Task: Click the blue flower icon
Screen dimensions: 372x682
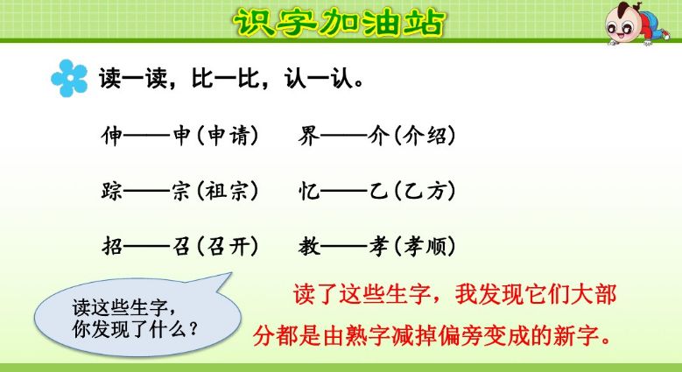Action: pyautogui.click(x=69, y=78)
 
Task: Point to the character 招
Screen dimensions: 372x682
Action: pyautogui.click(x=113, y=246)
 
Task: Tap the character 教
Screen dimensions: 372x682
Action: pyautogui.click(x=309, y=246)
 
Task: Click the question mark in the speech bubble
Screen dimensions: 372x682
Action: pyautogui.click(x=192, y=331)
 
